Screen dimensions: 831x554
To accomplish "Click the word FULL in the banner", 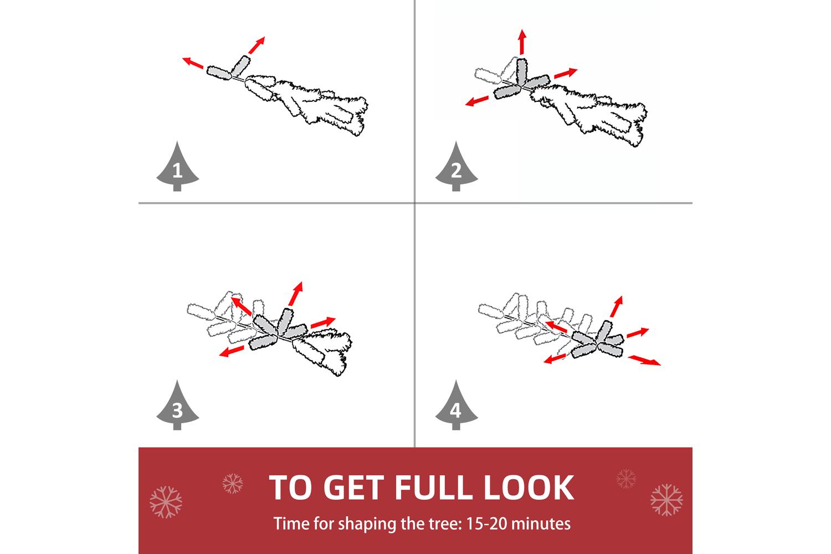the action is pos(433,487).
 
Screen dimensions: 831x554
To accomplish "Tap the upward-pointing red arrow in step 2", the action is pos(522,42).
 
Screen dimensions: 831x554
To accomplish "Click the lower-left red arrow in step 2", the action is pos(477,101).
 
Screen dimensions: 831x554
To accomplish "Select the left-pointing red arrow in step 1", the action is pos(193,63).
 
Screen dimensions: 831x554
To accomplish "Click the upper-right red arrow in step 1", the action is pos(257,45).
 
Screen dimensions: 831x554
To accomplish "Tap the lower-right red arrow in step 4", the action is pos(644,360).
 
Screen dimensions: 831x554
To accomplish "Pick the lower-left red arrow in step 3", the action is pos(232,351).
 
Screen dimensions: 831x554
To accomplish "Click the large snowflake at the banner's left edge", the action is pos(166,502).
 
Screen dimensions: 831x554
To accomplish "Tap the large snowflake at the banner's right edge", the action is pos(666,500).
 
